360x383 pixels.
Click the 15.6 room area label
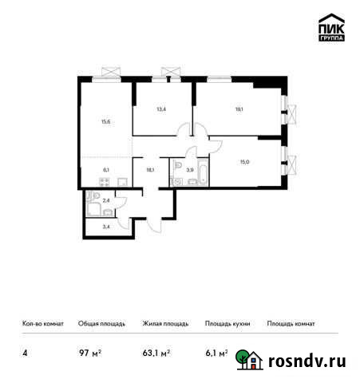pos(106,122)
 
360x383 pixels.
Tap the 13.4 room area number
pos(160,109)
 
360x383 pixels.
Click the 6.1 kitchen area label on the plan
pos(106,169)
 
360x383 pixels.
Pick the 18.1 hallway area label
pos(150,169)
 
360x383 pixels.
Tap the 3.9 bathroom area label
pos(188,169)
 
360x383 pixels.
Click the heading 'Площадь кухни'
pos(227,324)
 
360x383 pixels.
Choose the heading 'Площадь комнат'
pos(291,324)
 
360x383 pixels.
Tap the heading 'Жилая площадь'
pos(165,324)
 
